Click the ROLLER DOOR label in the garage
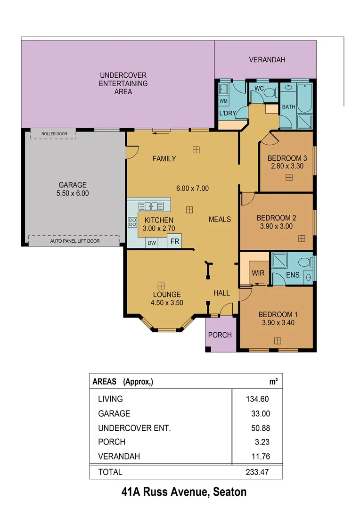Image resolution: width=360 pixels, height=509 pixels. coord(54,134)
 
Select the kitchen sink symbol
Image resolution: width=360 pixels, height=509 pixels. coord(151,206)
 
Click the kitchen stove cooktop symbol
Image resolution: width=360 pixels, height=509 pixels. coord(132,222)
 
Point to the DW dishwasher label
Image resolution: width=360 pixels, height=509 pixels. coord(151,243)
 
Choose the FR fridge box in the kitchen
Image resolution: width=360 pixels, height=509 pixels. coord(175,242)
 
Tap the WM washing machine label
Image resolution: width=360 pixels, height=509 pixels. coord(223,101)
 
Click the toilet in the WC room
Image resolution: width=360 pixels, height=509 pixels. coord(270,93)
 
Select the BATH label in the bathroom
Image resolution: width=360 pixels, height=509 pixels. coord(288,107)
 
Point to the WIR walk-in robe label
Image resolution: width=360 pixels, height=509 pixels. coord(258,273)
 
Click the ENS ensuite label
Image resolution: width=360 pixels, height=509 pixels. coord(293,275)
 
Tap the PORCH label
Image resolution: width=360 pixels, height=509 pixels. coord(220,335)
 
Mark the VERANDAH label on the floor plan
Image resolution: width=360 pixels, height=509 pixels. coord(267,60)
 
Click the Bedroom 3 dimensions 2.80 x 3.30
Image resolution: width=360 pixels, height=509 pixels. coord(287,166)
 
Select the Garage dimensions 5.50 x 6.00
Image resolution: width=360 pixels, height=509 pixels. coord(73,193)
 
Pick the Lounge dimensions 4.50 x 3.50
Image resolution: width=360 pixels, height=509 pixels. coord(167,303)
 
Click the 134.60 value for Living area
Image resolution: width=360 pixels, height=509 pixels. coord(257,399)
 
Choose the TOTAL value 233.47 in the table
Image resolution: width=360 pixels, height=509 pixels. coord(257,472)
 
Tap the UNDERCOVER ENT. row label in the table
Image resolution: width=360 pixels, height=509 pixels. coord(134,428)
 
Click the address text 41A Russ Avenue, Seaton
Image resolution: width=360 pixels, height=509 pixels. coord(184,493)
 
